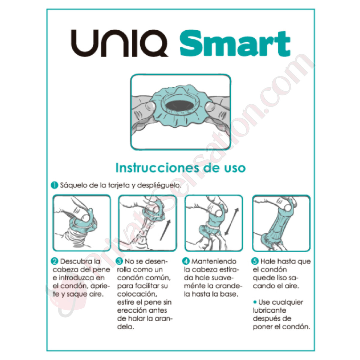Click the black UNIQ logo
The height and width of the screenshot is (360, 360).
point(120,43)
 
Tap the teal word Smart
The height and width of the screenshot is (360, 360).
point(235,43)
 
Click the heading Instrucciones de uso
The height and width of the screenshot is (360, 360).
point(180,168)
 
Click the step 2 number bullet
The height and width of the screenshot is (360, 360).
point(55,261)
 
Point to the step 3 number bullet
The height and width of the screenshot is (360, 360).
point(119,261)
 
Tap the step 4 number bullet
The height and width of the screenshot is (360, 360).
point(186,261)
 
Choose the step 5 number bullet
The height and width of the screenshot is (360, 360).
point(255,261)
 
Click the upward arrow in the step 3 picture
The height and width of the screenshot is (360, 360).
point(165,230)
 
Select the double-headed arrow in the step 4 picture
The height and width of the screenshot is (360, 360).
point(232,221)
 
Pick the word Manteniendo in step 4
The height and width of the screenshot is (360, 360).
point(214,261)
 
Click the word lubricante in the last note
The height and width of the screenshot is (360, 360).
point(269,310)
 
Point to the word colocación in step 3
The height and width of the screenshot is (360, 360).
point(137,294)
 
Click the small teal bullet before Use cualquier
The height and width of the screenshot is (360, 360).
point(255,302)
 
